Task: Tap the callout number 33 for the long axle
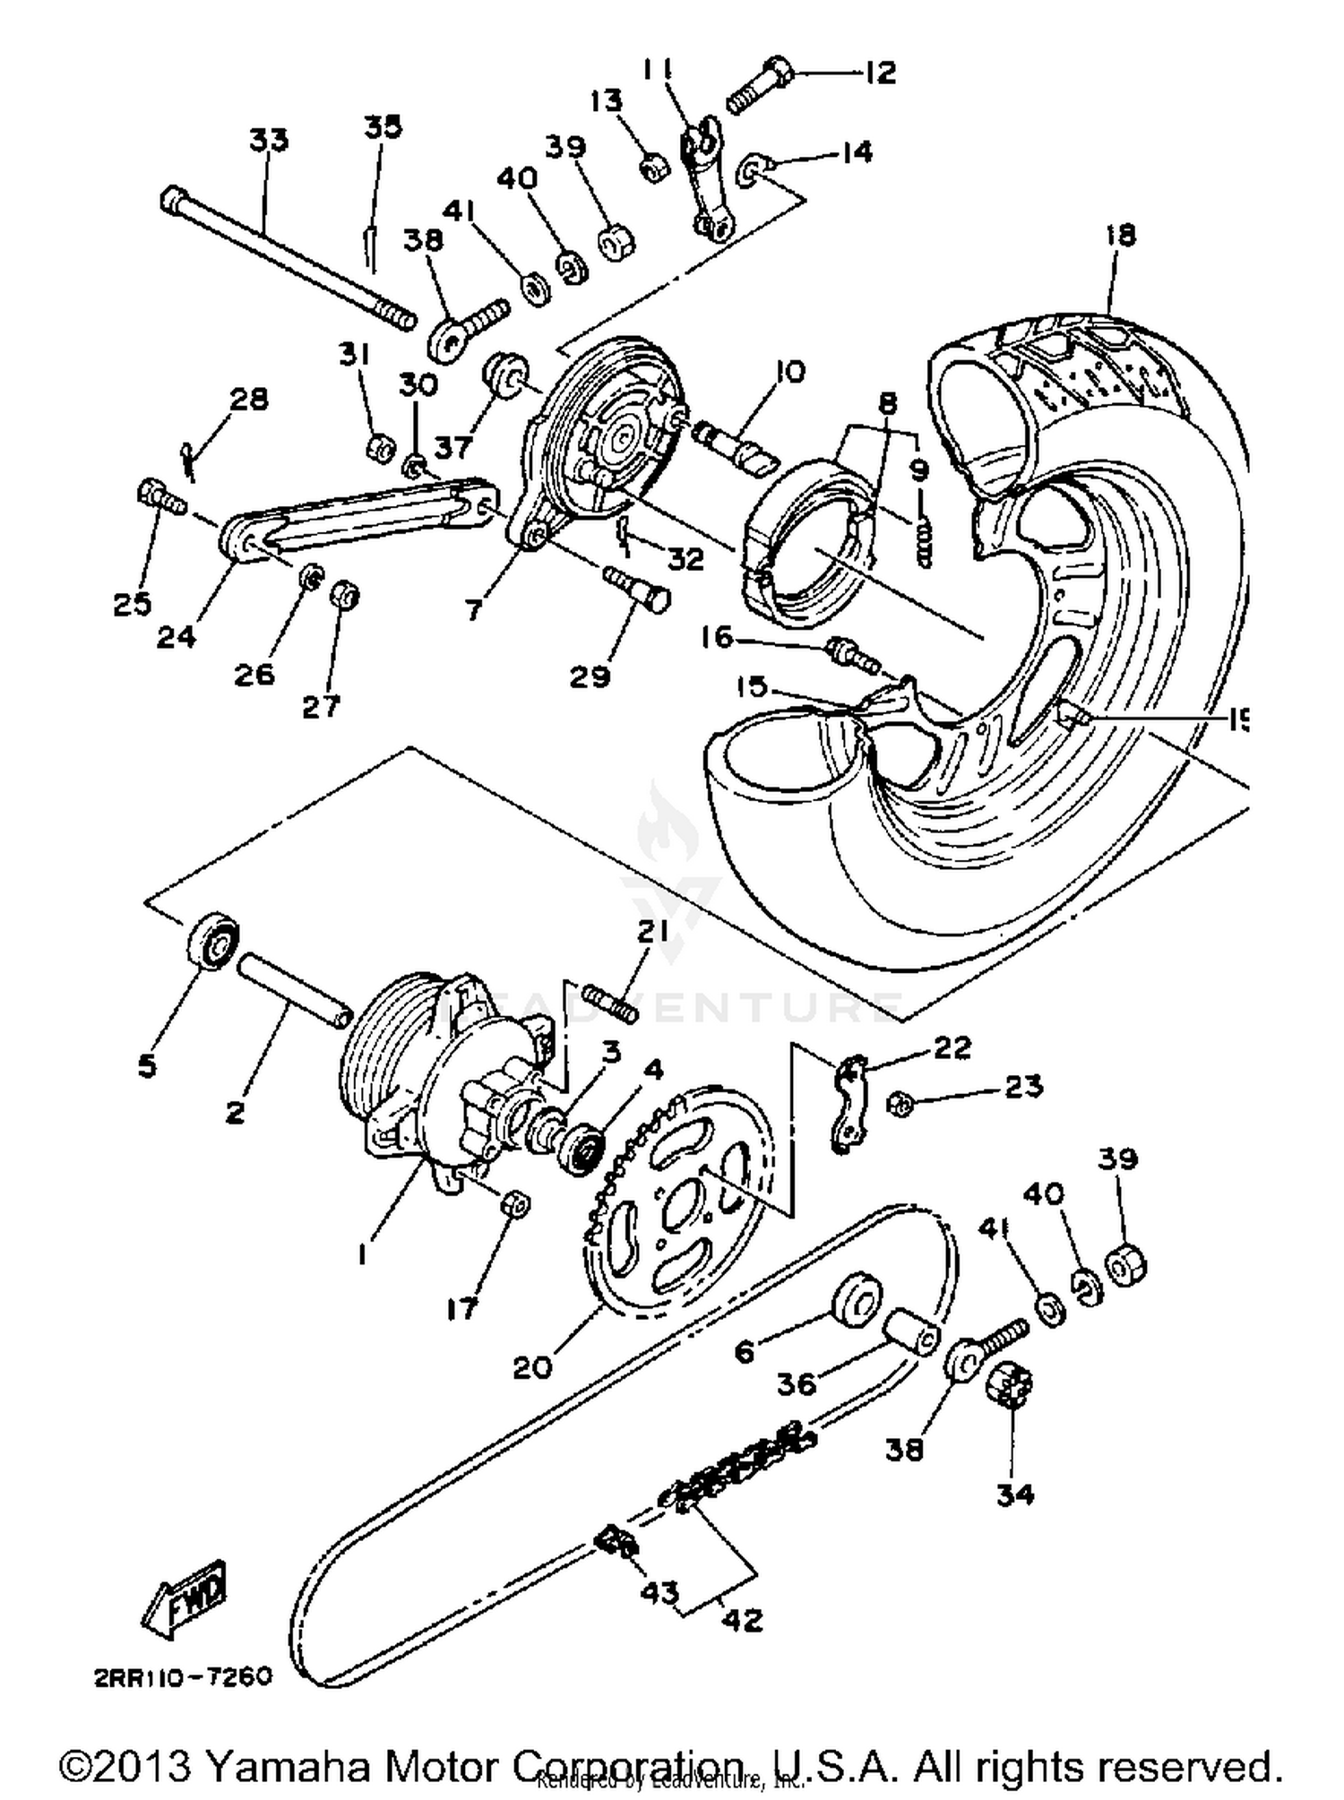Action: point(268,141)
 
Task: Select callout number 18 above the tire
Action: point(1120,235)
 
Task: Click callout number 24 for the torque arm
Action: point(176,638)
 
